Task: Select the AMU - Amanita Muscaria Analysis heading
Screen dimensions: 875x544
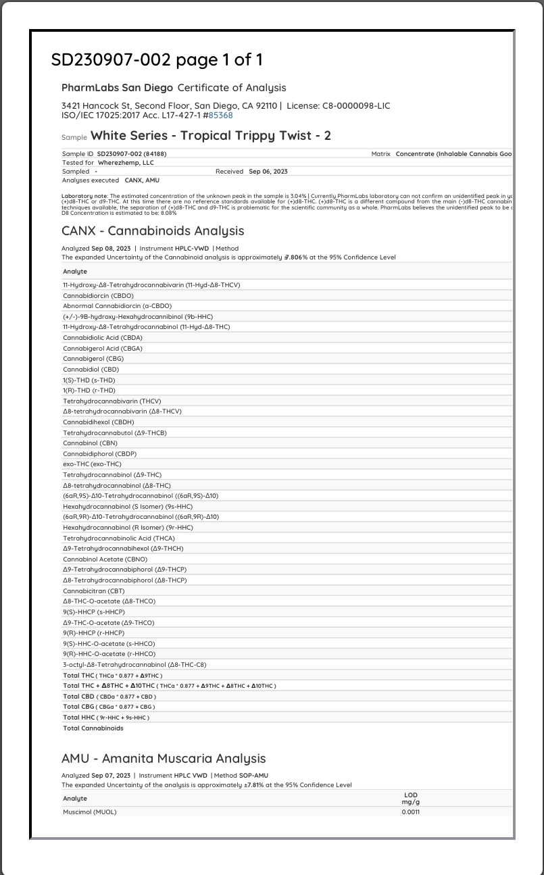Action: coord(164,759)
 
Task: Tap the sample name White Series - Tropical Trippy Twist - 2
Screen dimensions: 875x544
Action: coord(211,136)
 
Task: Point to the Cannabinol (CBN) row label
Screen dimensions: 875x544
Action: coord(91,443)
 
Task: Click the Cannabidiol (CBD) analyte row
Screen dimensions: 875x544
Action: coord(91,370)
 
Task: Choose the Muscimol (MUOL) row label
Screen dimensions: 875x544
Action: coord(90,812)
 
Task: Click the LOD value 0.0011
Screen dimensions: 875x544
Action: coord(410,812)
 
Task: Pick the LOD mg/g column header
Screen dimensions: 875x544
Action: coord(410,799)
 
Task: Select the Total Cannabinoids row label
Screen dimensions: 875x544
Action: coord(93,728)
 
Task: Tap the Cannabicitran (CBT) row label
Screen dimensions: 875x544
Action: coord(94,591)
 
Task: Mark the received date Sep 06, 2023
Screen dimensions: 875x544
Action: coord(268,172)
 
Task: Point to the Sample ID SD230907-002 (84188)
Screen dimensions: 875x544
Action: coord(132,154)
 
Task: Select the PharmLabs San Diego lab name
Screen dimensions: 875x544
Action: coord(117,88)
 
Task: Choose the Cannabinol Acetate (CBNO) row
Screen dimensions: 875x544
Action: coord(105,559)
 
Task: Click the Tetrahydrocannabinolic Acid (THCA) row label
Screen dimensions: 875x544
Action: coord(119,539)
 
